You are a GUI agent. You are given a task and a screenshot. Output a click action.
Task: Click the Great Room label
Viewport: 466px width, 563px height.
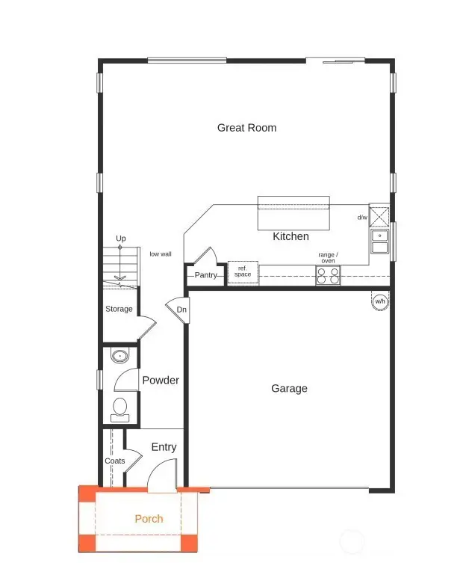pos(246,128)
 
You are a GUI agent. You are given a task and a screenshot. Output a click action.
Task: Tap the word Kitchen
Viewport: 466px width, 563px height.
pos(291,236)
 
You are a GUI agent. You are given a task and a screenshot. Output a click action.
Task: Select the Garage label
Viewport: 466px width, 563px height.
pos(289,388)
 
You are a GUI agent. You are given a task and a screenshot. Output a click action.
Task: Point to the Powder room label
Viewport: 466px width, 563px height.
pos(161,380)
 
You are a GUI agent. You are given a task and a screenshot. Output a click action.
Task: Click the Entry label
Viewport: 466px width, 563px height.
pos(164,447)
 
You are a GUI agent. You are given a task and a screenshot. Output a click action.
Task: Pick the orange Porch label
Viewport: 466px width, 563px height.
pos(149,518)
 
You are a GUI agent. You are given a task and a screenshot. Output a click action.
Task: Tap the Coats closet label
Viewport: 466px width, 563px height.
pos(115,461)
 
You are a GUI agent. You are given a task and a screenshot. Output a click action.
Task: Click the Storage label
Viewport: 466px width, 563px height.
pos(119,309)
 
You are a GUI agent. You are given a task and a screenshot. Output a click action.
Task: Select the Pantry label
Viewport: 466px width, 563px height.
pos(205,275)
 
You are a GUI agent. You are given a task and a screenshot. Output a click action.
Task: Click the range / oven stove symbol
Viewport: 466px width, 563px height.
pos(327,275)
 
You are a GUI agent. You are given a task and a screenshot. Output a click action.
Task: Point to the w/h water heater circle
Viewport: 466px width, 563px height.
pos(380,301)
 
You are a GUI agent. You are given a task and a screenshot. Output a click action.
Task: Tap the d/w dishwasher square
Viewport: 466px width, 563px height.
pos(379,217)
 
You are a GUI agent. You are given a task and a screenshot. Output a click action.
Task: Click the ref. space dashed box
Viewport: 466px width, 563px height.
pos(243,273)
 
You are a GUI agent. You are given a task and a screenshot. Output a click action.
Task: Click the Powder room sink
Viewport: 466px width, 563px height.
pos(119,355)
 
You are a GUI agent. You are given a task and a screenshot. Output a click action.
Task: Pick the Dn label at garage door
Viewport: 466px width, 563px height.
pos(181,310)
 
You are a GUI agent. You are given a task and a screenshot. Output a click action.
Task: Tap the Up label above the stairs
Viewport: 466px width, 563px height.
pos(120,239)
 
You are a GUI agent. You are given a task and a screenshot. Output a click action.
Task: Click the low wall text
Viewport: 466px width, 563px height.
pos(161,254)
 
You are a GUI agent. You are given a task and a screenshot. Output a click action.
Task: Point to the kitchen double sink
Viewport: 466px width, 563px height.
pos(379,241)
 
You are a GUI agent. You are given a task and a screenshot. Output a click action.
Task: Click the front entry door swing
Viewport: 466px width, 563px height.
pos(161,476)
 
